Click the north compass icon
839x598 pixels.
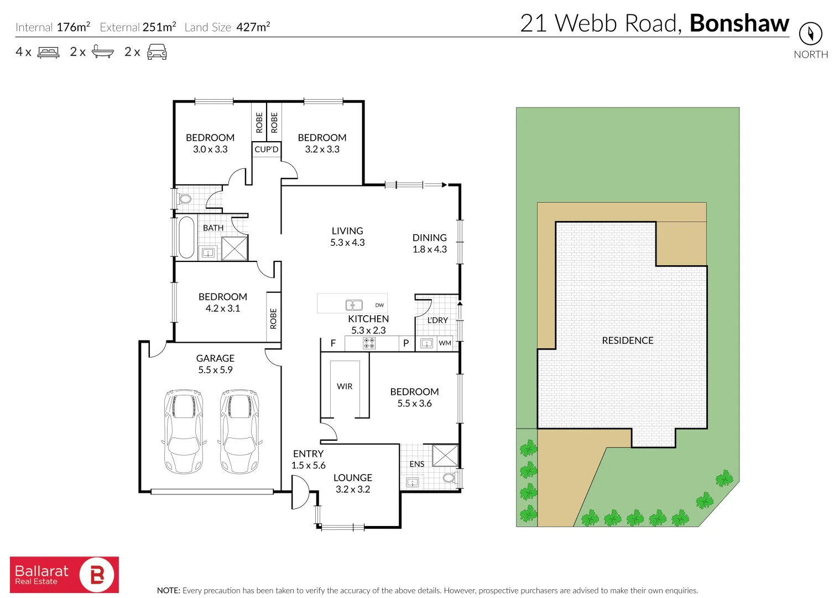(x=810, y=34)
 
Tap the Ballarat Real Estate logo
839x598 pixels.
(x=64, y=575)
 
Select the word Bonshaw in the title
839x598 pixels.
(x=739, y=23)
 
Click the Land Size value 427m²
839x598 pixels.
(x=253, y=27)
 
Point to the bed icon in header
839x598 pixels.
(x=48, y=52)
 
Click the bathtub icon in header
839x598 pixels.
(x=102, y=52)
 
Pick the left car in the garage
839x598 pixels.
(x=184, y=431)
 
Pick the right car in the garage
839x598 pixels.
(x=239, y=431)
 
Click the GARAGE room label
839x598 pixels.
(x=215, y=358)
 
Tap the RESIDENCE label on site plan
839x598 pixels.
(x=627, y=341)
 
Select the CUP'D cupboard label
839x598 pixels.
(x=266, y=149)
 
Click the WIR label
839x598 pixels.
(x=345, y=386)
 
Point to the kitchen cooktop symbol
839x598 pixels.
(x=369, y=343)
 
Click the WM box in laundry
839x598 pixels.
(x=445, y=343)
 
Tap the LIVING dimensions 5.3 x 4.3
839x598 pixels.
(x=347, y=243)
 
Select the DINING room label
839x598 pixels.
(x=429, y=238)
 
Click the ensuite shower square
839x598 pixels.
(x=445, y=456)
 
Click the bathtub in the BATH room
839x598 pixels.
(x=186, y=238)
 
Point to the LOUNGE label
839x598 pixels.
(x=352, y=477)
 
